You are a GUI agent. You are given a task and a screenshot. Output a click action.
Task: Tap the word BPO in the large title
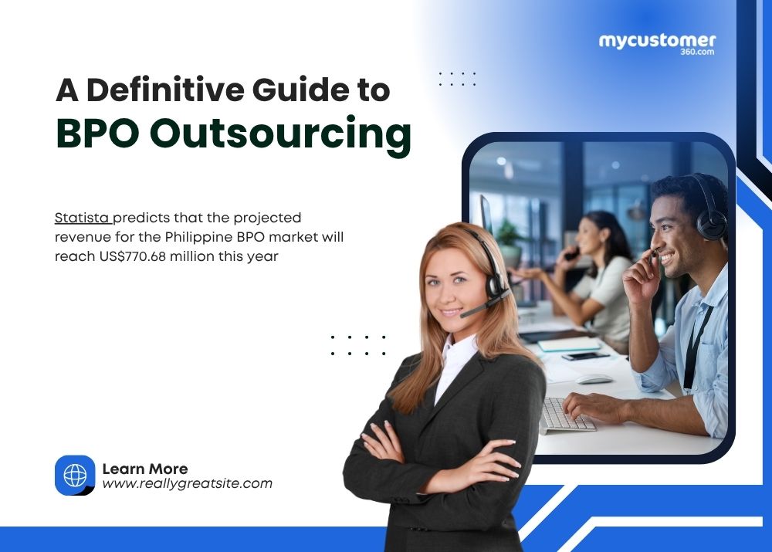(x=96, y=134)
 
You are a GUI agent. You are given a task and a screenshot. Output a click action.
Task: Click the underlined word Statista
(x=82, y=218)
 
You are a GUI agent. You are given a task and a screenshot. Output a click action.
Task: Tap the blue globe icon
(x=75, y=476)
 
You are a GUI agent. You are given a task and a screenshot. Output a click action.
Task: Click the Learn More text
(x=144, y=469)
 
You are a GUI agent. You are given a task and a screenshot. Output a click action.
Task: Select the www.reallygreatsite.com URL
(x=187, y=484)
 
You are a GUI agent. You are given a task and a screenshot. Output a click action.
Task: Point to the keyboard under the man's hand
(x=566, y=416)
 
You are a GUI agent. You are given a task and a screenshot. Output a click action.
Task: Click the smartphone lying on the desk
(x=584, y=356)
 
